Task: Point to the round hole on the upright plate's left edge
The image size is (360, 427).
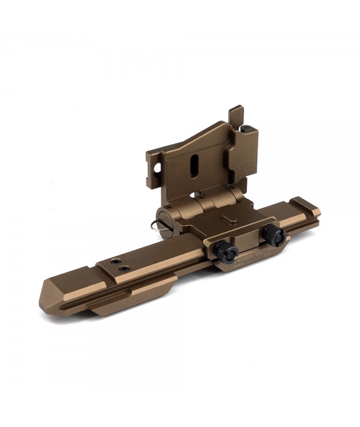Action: click(157, 169)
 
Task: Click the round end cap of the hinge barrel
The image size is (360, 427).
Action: click(164, 217)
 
